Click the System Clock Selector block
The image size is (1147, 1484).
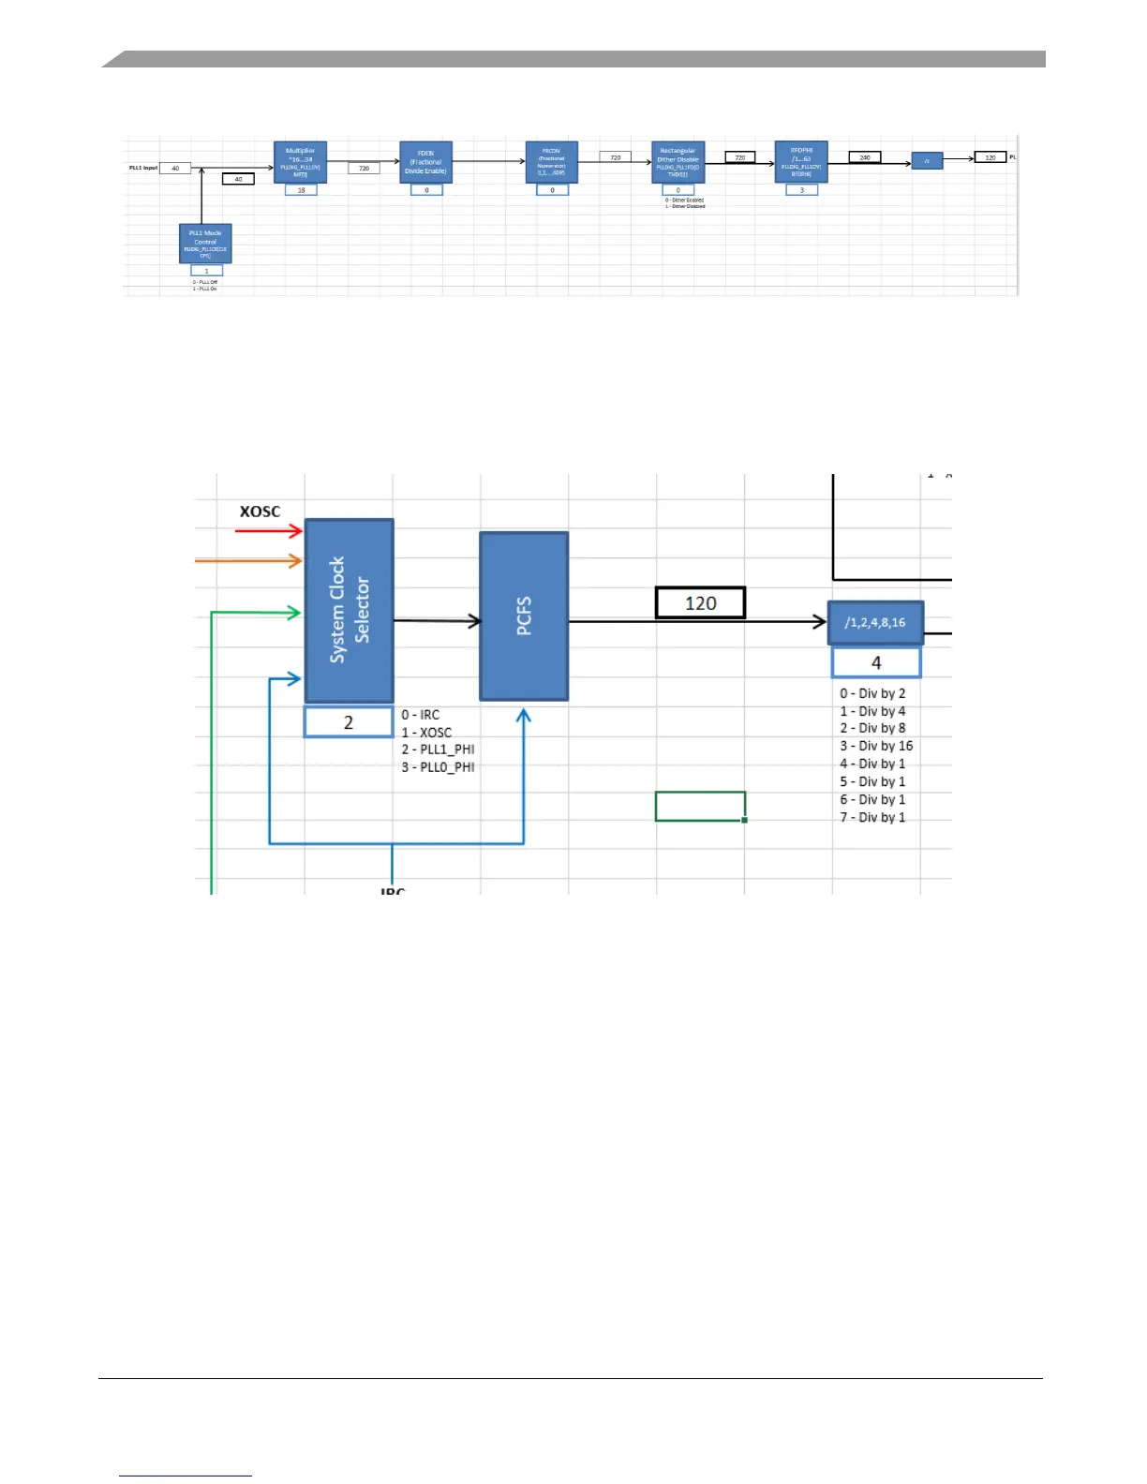click(x=349, y=610)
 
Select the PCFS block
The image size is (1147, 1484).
click(x=524, y=616)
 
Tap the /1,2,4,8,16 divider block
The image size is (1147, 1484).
click(x=875, y=622)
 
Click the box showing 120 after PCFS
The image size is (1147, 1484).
click(x=700, y=603)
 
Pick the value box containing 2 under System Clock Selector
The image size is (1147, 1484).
click(x=349, y=722)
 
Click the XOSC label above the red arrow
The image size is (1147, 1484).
click(x=260, y=512)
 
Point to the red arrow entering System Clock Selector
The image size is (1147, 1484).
click(x=269, y=531)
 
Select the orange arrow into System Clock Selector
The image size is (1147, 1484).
click(x=248, y=561)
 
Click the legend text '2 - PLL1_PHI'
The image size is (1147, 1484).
click(x=438, y=749)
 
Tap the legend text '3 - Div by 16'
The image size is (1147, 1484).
click(x=876, y=746)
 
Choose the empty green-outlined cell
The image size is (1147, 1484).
click(x=700, y=807)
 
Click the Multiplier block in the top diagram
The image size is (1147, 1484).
click(x=301, y=161)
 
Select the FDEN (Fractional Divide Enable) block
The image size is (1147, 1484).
click(x=425, y=162)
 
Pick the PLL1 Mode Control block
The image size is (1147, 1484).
click(x=205, y=244)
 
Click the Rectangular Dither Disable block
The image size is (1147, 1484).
click(x=678, y=162)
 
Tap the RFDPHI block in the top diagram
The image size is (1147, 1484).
click(x=801, y=161)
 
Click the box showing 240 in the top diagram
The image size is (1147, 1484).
click(x=865, y=157)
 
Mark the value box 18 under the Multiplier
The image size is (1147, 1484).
click(x=301, y=190)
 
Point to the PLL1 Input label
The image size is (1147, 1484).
click(x=143, y=168)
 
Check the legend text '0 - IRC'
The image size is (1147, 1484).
click(x=421, y=715)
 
